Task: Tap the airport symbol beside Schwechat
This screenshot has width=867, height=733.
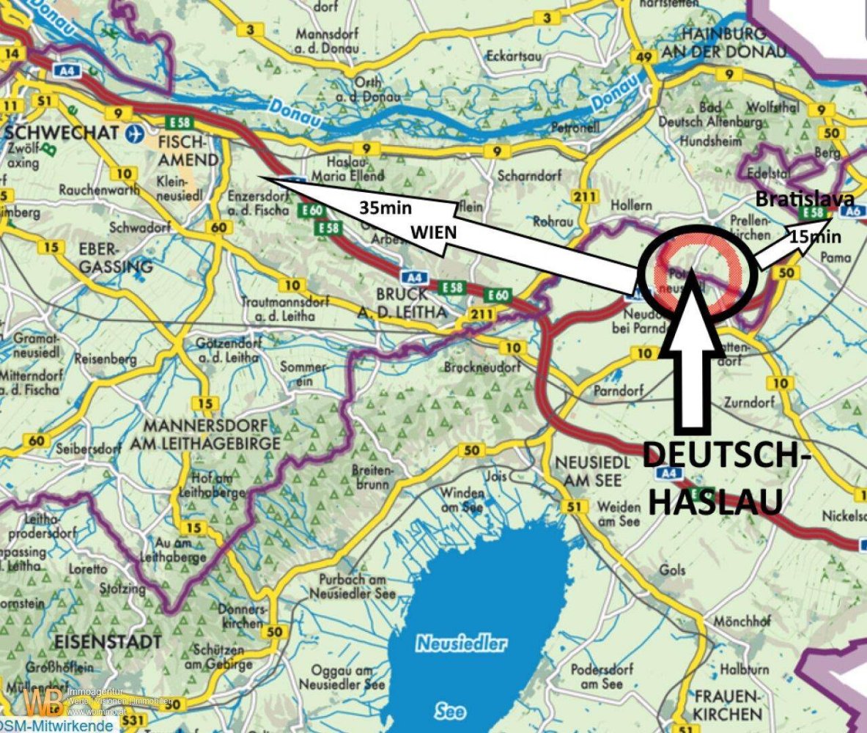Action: coord(133,133)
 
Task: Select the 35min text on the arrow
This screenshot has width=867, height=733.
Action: coord(385,207)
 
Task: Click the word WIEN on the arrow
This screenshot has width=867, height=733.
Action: coord(433,232)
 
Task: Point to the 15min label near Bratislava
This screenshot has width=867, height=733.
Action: coord(814,237)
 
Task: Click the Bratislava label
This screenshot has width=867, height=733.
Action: coord(804,199)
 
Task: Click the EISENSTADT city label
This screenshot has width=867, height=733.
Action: coord(108,641)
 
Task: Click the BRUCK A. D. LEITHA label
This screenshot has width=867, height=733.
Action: coord(410,302)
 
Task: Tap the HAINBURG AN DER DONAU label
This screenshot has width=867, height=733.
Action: coord(723,43)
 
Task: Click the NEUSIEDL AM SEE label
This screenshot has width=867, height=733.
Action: coord(588,471)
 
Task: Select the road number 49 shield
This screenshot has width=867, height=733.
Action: coord(644,58)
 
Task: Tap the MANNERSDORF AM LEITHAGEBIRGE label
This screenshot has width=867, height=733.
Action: coord(202,435)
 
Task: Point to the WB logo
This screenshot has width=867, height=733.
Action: coord(43,701)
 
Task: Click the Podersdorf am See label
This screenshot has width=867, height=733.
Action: coord(597,676)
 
